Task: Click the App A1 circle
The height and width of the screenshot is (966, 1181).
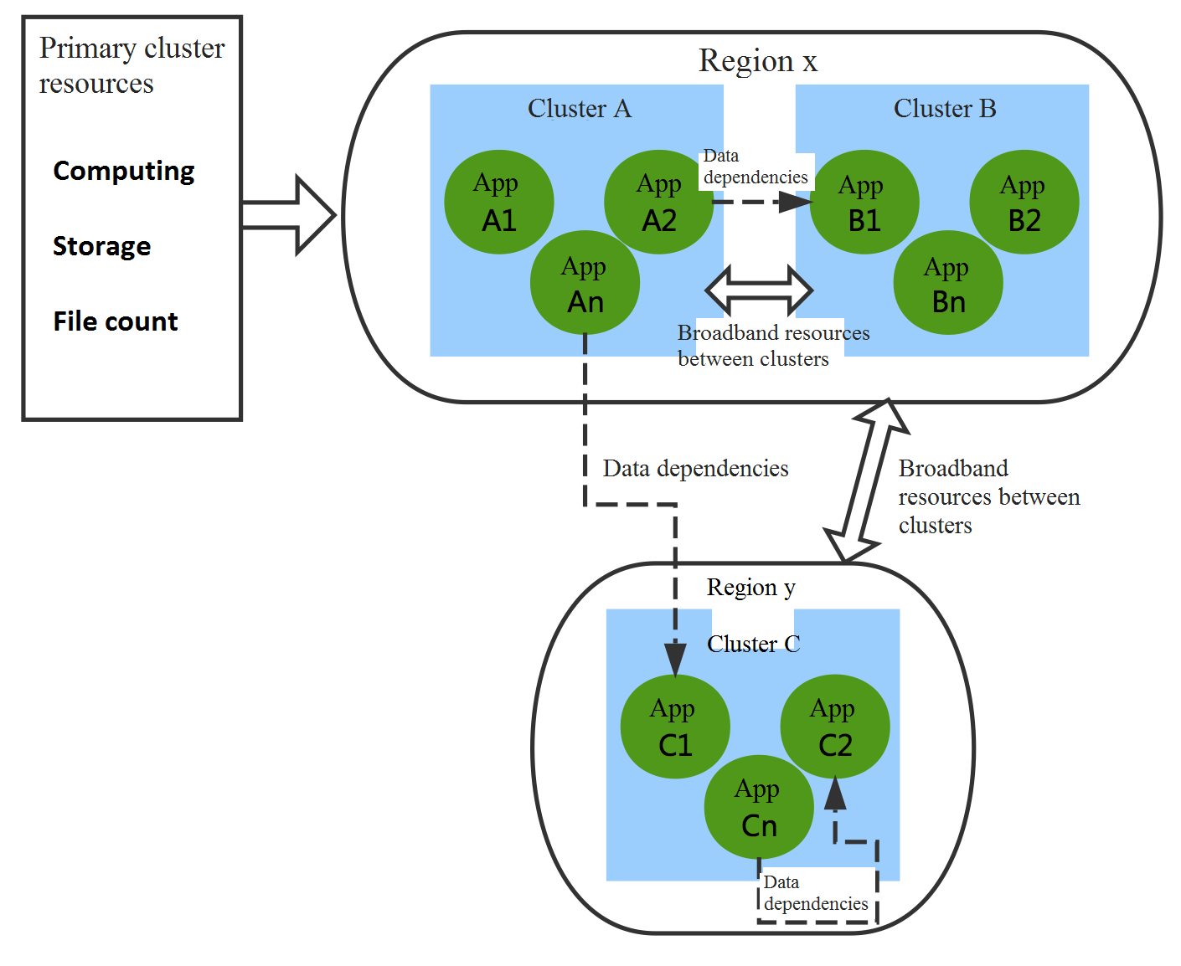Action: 499,202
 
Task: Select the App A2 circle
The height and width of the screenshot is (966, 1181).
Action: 659,202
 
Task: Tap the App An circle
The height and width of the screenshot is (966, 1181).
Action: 585,283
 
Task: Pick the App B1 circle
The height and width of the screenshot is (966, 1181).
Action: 864,202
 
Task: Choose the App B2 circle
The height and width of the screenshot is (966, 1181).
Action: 1024,202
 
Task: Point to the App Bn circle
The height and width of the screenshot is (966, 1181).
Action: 948,283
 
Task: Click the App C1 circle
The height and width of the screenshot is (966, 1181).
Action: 675,727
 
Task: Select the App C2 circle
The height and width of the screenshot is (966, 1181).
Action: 835,727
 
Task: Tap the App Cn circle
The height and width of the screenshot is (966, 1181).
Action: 759,808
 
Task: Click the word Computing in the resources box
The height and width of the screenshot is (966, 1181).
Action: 124,171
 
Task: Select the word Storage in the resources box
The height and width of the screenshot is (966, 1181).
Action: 102,246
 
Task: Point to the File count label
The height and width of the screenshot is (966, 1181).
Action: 116,321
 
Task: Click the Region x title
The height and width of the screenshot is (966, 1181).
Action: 758,61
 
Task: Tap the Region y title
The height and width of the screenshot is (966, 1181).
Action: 750,588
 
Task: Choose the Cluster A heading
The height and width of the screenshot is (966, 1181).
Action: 580,109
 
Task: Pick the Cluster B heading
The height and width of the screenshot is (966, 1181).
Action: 945,109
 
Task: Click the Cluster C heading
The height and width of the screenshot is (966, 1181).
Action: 753,644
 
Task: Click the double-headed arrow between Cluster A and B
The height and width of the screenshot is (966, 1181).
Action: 759,290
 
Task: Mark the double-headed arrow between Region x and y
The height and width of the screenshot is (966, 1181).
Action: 867,480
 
